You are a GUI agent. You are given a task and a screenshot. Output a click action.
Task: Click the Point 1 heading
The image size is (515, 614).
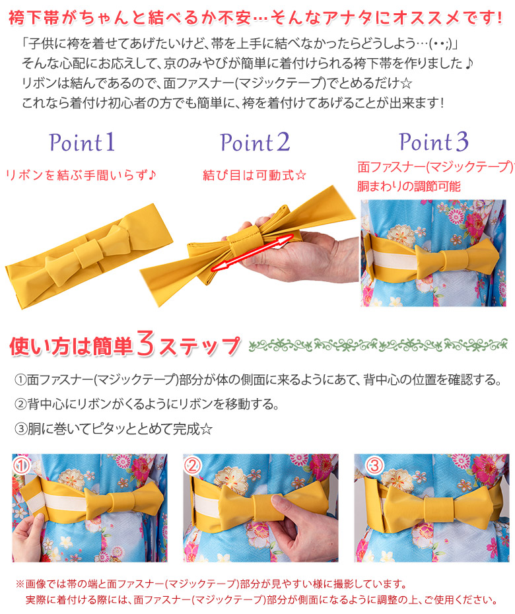(x=82, y=142)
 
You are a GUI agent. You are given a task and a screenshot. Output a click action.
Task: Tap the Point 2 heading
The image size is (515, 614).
(x=255, y=142)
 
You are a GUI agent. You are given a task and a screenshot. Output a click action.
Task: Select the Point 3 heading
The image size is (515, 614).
(x=434, y=141)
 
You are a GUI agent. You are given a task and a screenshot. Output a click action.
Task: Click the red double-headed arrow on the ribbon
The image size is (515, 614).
(x=252, y=252)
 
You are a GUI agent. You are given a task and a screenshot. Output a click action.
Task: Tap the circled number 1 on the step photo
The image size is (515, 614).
(x=22, y=465)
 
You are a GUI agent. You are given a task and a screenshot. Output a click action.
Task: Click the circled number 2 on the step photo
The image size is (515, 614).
(x=192, y=465)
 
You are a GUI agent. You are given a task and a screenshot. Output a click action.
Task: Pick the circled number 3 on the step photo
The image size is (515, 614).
(x=374, y=465)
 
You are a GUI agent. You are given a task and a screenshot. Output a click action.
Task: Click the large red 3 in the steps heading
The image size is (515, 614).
(x=146, y=344)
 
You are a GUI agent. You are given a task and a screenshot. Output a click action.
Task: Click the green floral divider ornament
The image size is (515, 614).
(x=378, y=345)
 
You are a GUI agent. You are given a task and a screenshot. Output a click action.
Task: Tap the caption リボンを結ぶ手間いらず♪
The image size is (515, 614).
(x=81, y=175)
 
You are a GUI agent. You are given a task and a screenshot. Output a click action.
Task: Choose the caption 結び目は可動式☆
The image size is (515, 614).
(x=255, y=175)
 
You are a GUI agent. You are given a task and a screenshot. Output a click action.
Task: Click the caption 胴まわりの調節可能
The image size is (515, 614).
(x=409, y=186)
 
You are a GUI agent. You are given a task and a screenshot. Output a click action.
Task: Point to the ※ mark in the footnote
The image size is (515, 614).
(x=20, y=584)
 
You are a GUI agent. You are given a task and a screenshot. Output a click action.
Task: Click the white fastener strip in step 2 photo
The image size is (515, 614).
(x=207, y=508)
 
